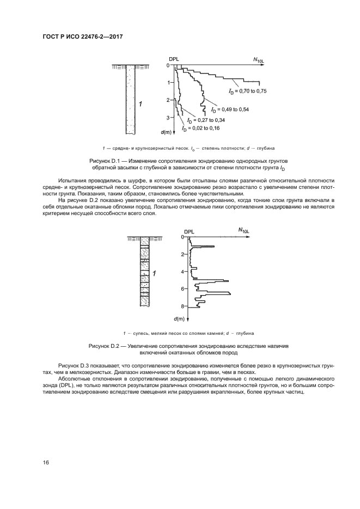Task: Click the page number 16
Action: point(46,463)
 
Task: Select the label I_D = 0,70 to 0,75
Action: point(248,90)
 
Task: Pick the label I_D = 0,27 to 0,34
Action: point(205,120)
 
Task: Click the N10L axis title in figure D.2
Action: point(243,231)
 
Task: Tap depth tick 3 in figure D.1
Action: point(168,118)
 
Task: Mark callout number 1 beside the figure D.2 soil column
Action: point(155,273)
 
